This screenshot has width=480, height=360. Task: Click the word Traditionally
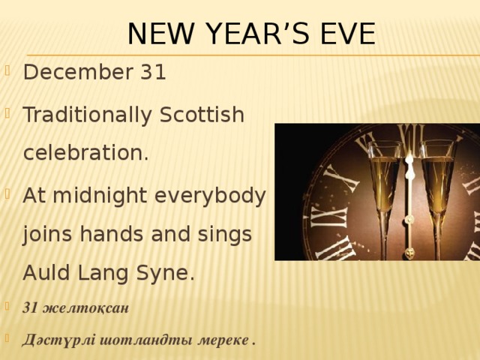pos(86,116)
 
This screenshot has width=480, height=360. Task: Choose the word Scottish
pos(202,116)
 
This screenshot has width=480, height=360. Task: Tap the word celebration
pos(85,153)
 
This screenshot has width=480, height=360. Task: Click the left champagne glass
pos(385,187)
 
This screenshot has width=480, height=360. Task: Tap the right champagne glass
pos(437,187)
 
